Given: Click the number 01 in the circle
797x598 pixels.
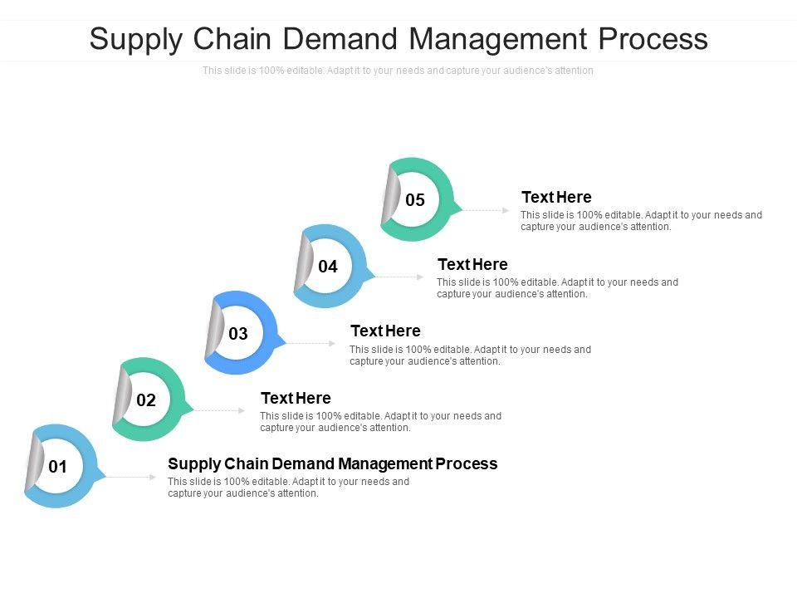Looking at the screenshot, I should (x=57, y=467).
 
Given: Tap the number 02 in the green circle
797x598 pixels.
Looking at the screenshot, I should (x=146, y=400).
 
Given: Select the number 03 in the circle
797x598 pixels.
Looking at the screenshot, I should (x=238, y=334).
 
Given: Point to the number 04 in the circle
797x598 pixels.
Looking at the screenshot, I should (x=328, y=267).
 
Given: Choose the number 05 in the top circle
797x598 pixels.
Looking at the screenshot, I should (x=415, y=200).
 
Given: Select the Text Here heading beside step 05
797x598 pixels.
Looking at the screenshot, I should (x=556, y=198).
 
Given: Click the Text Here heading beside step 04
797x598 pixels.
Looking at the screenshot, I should (x=472, y=265).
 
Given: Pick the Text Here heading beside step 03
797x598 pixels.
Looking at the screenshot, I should (x=385, y=331).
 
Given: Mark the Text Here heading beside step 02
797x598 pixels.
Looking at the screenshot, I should (x=296, y=398).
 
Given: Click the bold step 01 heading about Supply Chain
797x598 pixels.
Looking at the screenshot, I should (x=332, y=463).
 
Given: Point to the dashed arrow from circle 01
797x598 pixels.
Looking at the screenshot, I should (x=131, y=477).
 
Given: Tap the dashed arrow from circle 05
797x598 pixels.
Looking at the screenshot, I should (x=486, y=210).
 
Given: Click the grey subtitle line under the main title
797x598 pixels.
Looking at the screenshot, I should (x=398, y=71).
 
